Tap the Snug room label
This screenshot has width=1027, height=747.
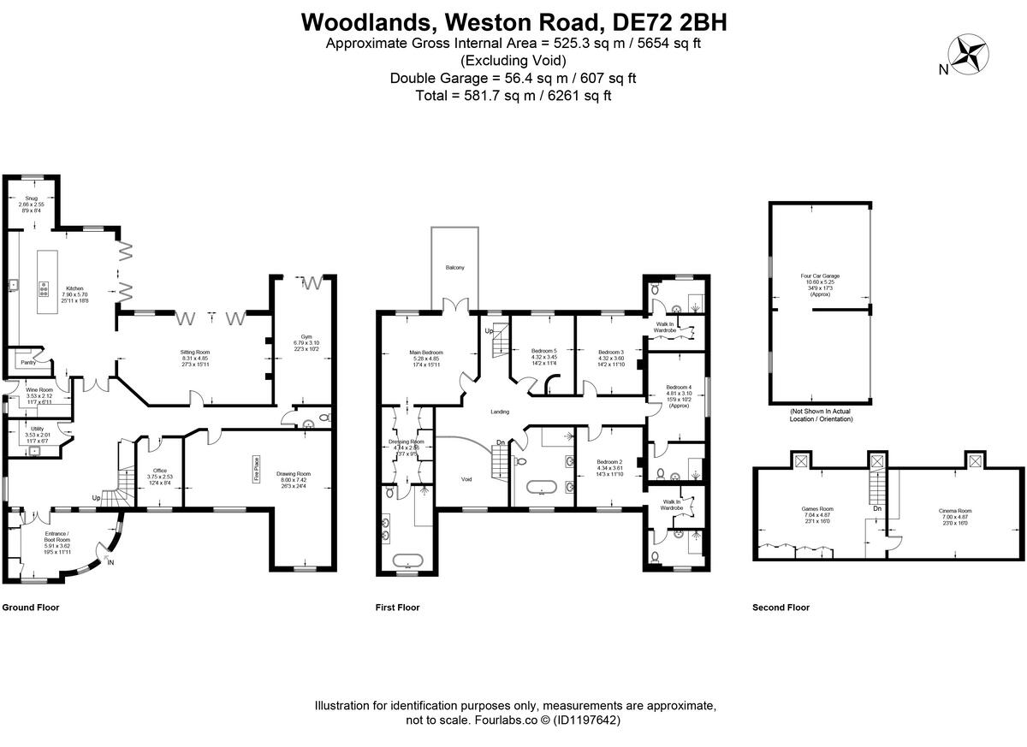[32, 199]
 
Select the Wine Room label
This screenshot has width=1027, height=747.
[39, 389]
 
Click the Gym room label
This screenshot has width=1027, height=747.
[306, 336]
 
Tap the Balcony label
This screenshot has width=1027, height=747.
[454, 268]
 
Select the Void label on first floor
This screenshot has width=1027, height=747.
[466, 479]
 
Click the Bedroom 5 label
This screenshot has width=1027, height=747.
[543, 352]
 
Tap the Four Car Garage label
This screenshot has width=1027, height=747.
[819, 276]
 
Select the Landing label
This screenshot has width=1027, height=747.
[500, 412]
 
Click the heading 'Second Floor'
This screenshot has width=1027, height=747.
[781, 608]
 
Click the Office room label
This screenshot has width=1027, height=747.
[158, 471]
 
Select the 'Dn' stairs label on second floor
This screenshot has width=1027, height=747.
[877, 508]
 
